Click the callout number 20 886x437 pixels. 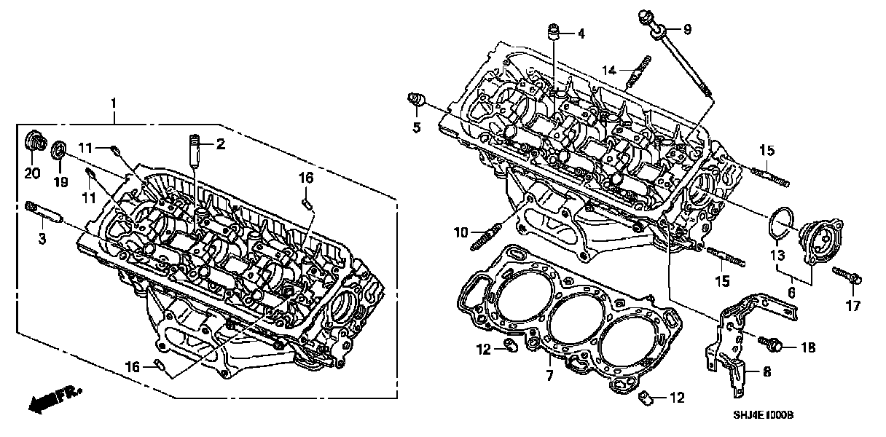click(x=31, y=173)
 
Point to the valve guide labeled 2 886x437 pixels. click(x=195, y=149)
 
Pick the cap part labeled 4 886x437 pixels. click(x=556, y=32)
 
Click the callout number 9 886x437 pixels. click(x=687, y=30)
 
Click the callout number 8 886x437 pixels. click(x=766, y=371)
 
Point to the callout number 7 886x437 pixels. click(x=549, y=376)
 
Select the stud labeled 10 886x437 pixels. click(x=486, y=235)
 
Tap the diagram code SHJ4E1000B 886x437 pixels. click(x=762, y=415)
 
